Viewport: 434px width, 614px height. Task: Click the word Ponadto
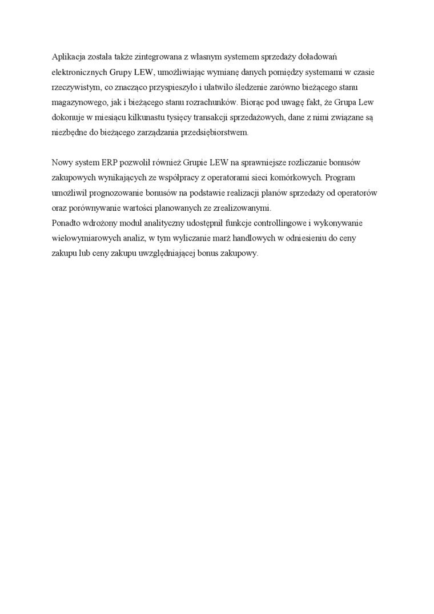tap(66, 223)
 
